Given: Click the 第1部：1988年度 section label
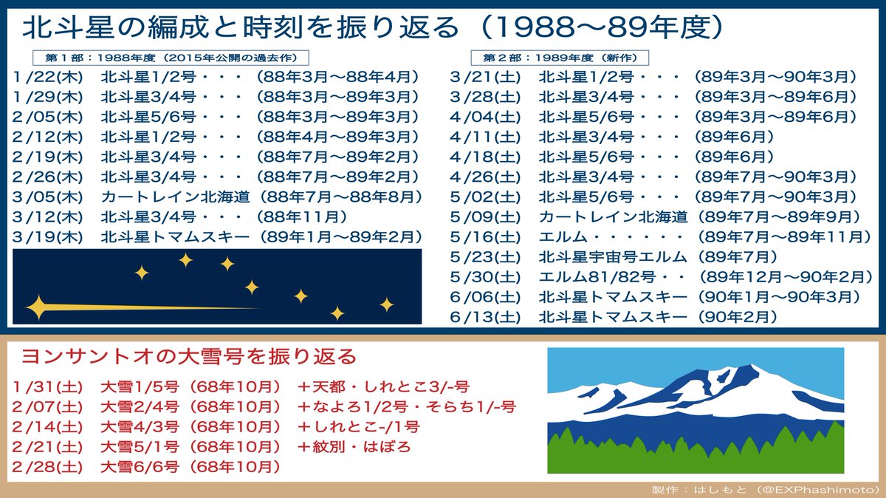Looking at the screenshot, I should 171,58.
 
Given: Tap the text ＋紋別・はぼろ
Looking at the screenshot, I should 354,446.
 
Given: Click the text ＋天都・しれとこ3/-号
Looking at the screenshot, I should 383,386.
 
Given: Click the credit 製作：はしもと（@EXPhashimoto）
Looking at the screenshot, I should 765,489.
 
